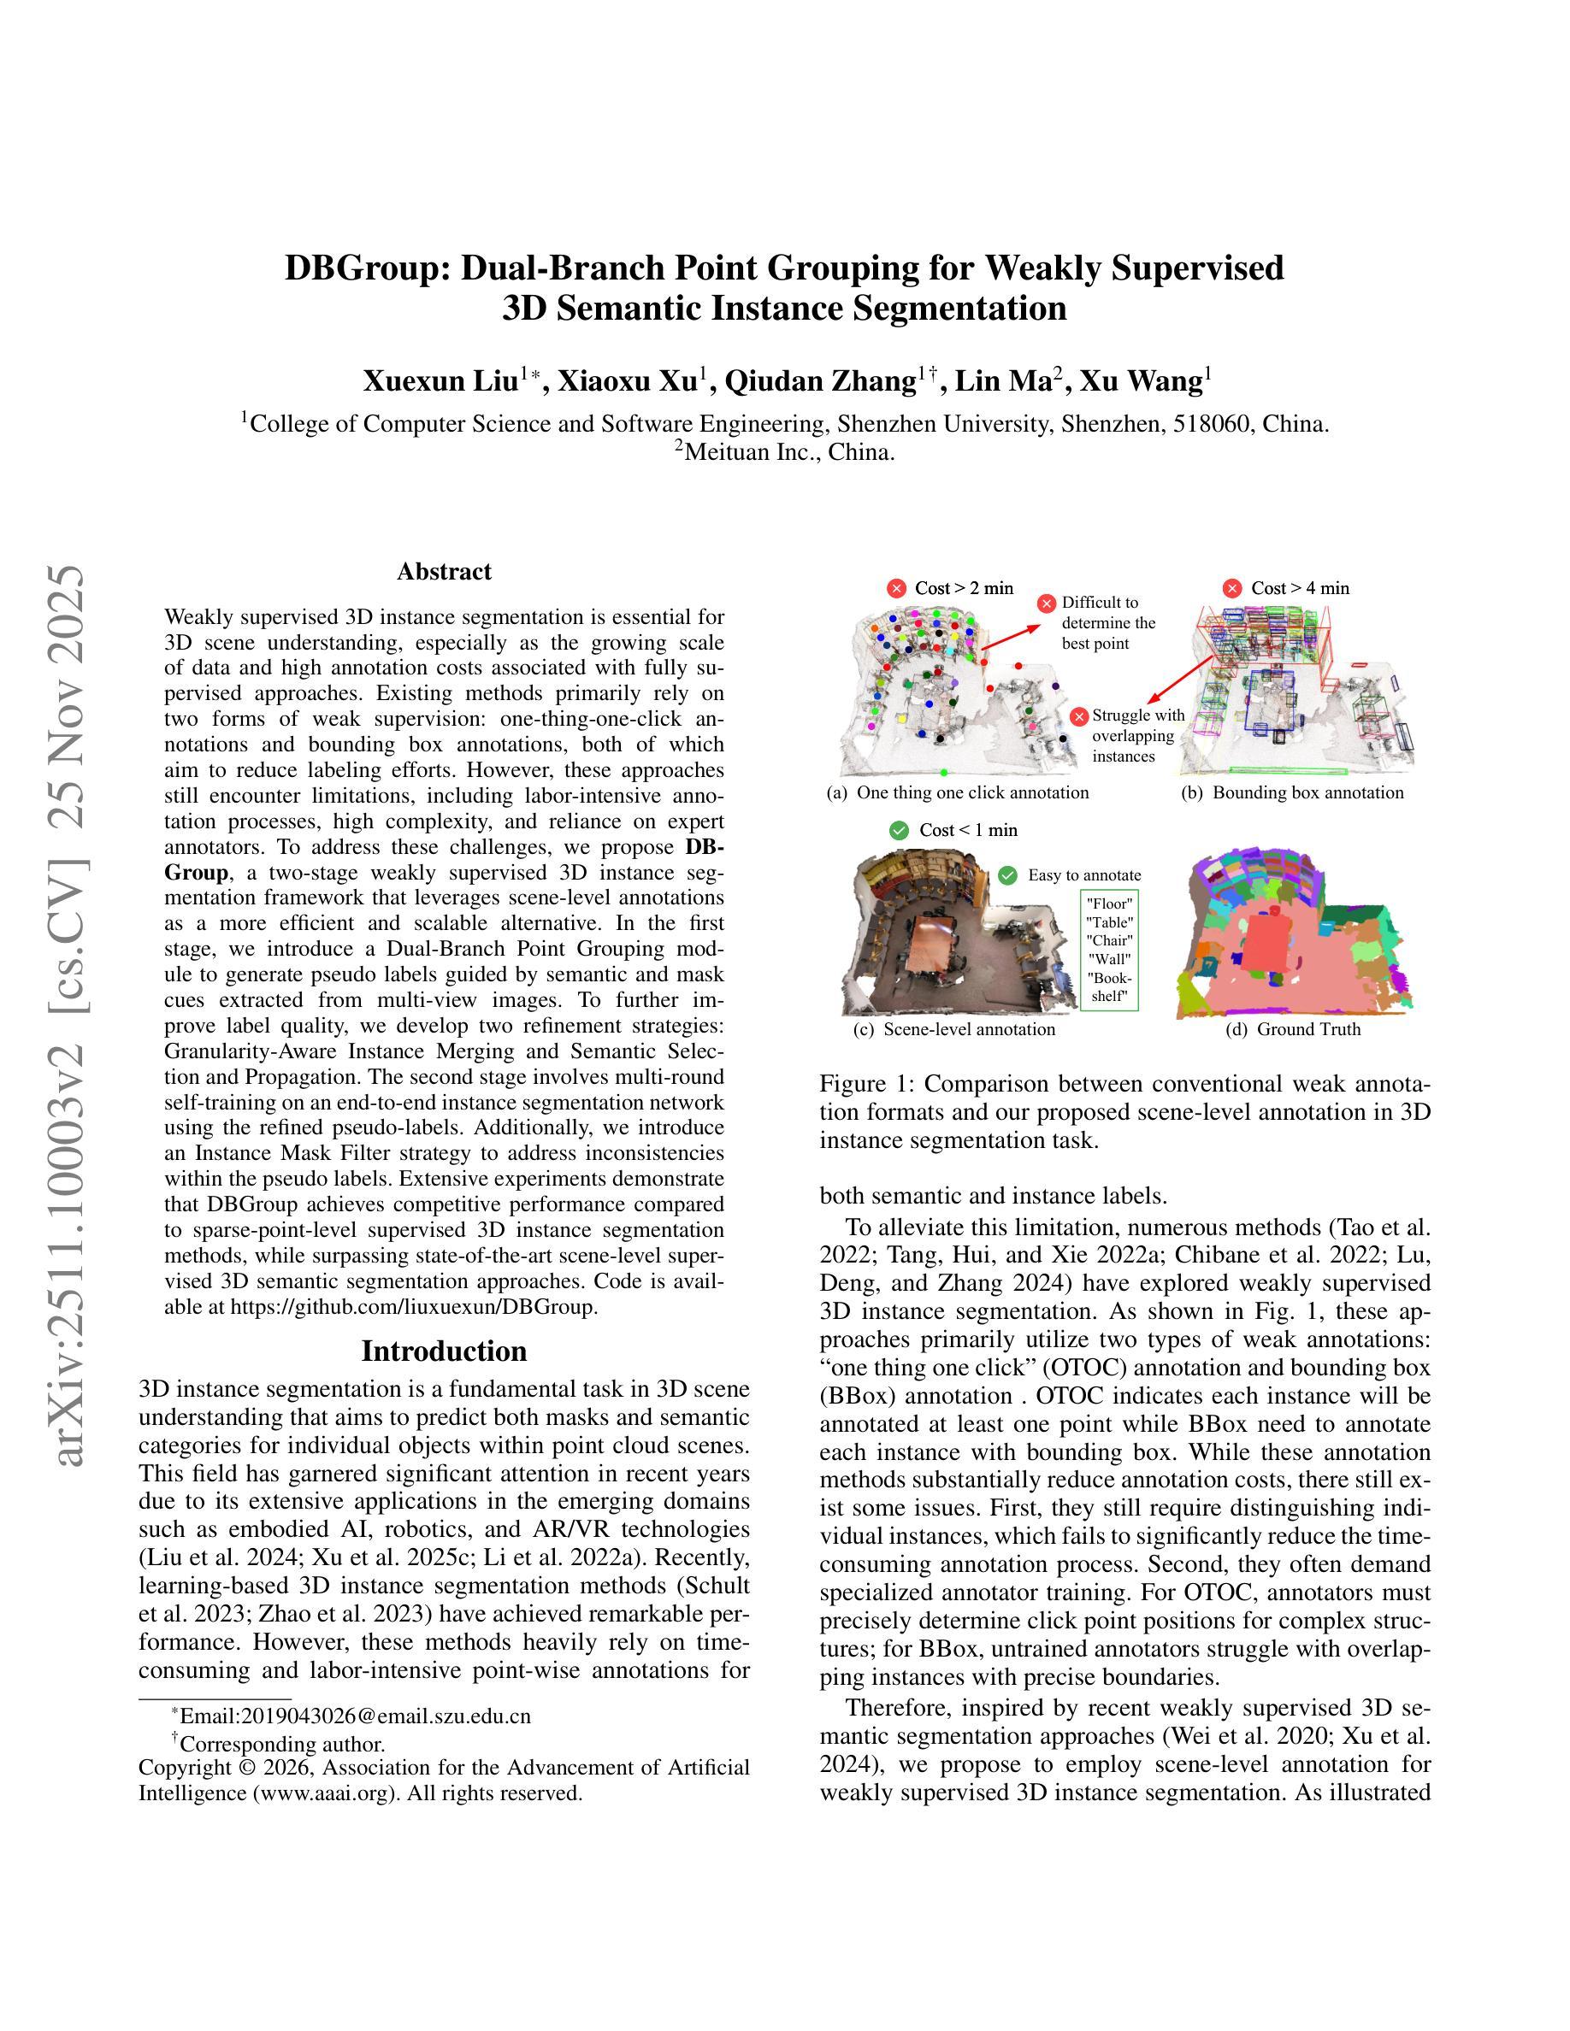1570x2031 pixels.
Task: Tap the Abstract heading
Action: point(444,571)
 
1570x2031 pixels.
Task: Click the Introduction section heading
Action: point(444,1351)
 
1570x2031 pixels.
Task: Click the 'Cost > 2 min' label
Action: point(964,588)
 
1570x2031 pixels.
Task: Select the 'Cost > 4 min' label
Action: point(1299,588)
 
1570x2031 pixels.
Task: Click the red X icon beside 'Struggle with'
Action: point(1079,716)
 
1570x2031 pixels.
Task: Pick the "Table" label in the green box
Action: point(1111,921)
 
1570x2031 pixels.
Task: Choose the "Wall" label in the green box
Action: point(1111,959)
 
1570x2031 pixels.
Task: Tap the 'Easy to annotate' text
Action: point(1083,875)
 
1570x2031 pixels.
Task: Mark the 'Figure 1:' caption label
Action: point(866,1085)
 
